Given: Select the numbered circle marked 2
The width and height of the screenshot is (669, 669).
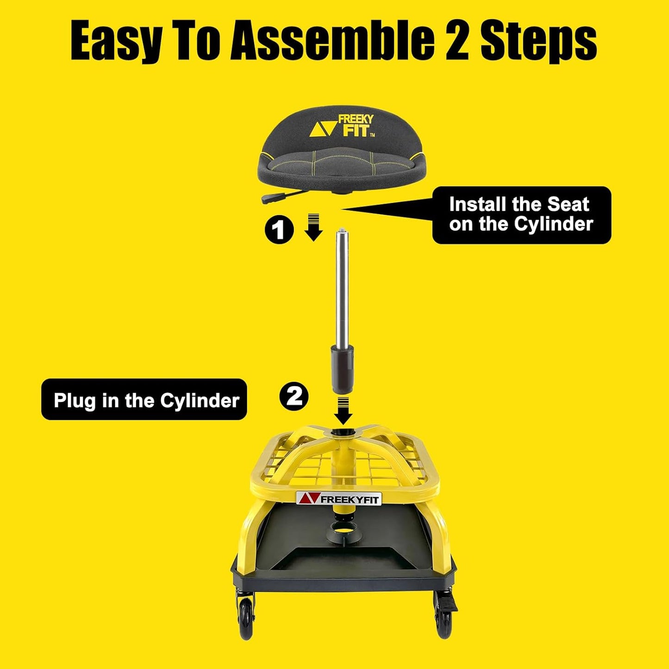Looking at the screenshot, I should coord(294,396).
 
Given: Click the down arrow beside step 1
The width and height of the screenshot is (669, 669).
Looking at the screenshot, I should coord(314,228).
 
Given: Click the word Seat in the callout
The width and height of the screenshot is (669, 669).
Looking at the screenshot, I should coord(568,204).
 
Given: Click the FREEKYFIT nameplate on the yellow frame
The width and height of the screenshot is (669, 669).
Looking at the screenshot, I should coord(339,499).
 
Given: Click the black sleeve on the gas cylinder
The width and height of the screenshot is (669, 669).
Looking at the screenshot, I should coord(342,367).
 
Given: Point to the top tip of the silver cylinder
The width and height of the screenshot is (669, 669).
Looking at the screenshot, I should coord(341,230).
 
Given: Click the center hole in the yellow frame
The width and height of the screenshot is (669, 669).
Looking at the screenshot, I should coord(343,432).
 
